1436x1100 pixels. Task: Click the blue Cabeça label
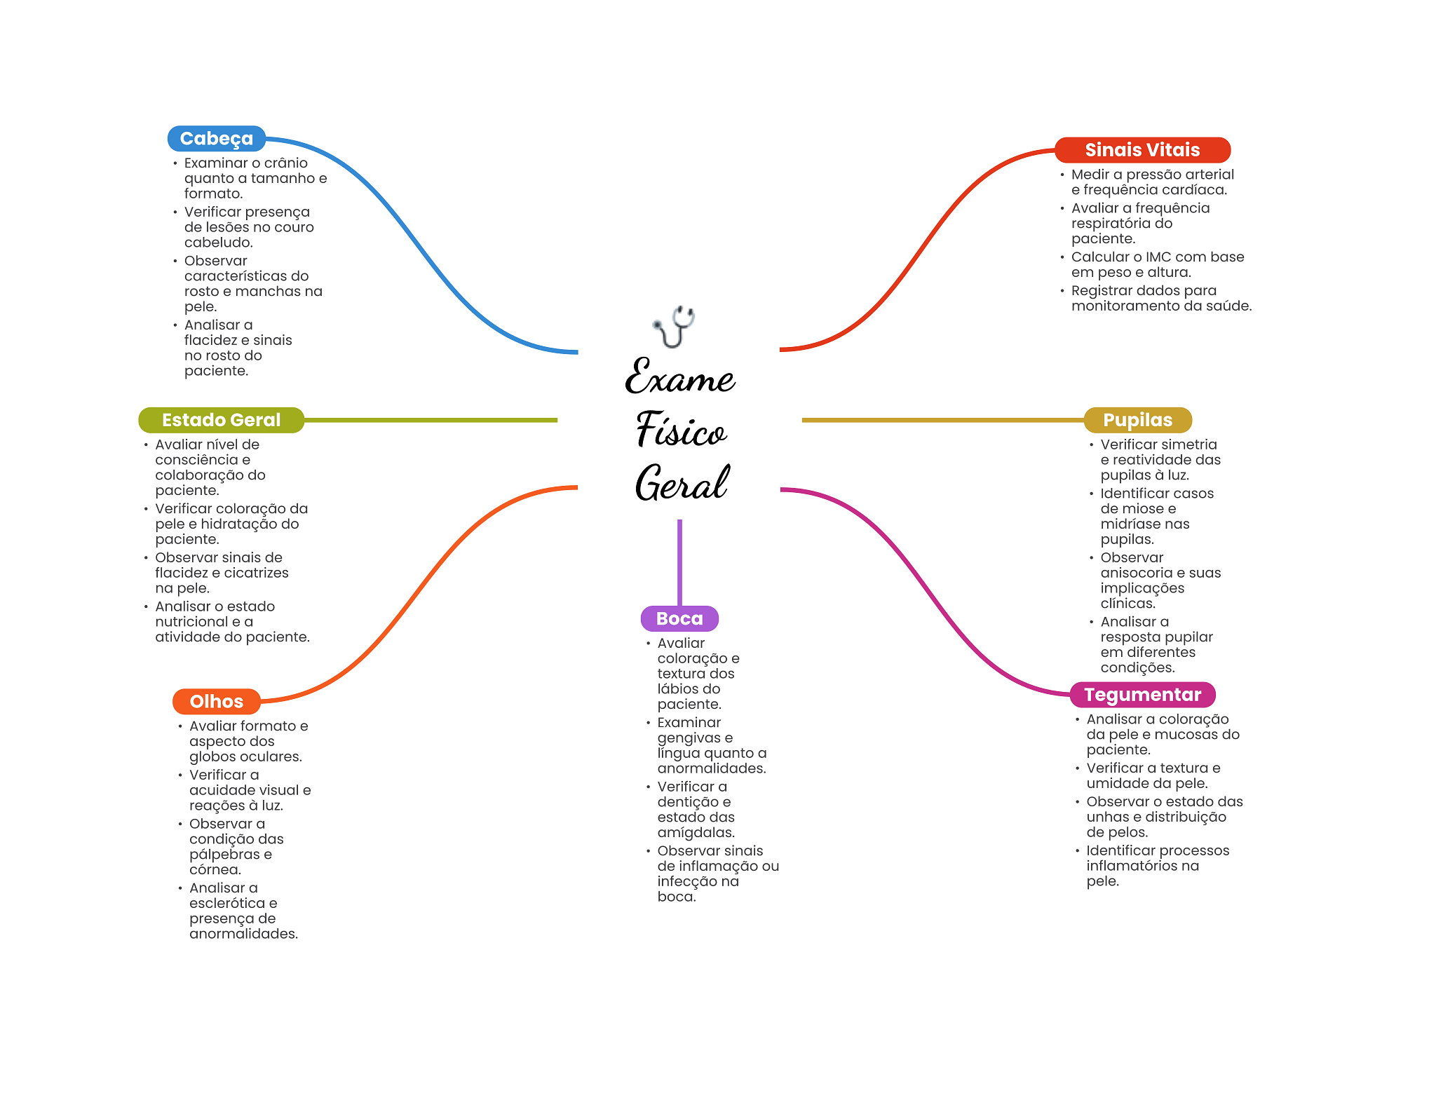tap(216, 139)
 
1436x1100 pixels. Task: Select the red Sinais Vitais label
tap(1142, 150)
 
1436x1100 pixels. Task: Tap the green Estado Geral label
tap(221, 420)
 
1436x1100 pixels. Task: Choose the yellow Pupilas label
tap(1137, 420)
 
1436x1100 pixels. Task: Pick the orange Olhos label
tap(216, 702)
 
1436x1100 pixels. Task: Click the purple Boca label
tap(679, 618)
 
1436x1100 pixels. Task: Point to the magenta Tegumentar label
tap(1142, 695)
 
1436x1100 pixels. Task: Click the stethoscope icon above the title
tap(673, 327)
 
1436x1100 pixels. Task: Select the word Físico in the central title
tap(681, 428)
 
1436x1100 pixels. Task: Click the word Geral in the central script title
tap(682, 482)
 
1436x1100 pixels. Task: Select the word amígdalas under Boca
tap(696, 833)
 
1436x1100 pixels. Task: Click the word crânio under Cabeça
tap(286, 163)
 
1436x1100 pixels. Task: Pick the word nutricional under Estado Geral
tap(192, 622)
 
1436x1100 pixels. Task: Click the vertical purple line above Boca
tap(679, 562)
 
